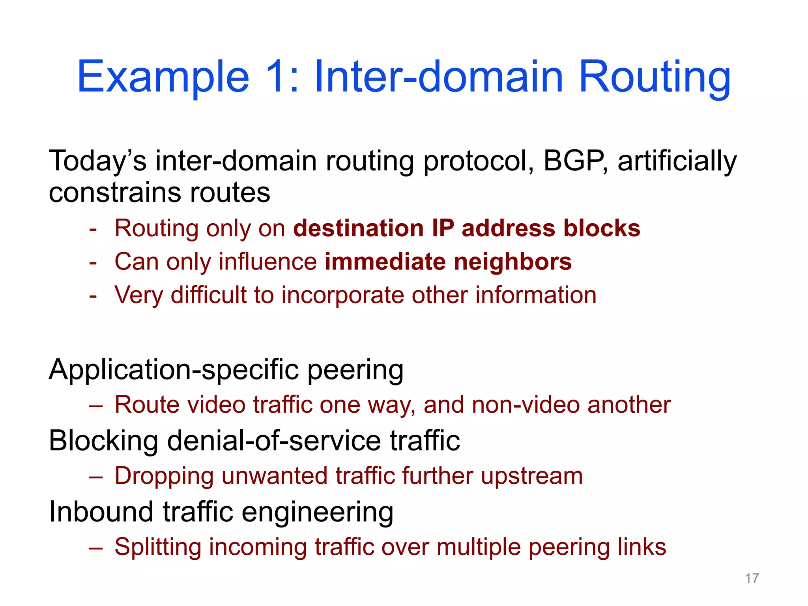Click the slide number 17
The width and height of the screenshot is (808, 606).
coord(752,578)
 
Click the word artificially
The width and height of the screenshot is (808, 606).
coord(677,162)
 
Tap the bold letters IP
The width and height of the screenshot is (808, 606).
coord(443,228)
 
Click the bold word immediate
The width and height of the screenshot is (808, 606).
coord(385,262)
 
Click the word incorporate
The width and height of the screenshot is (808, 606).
coord(342,295)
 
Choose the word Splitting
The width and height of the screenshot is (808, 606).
coord(158,547)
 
